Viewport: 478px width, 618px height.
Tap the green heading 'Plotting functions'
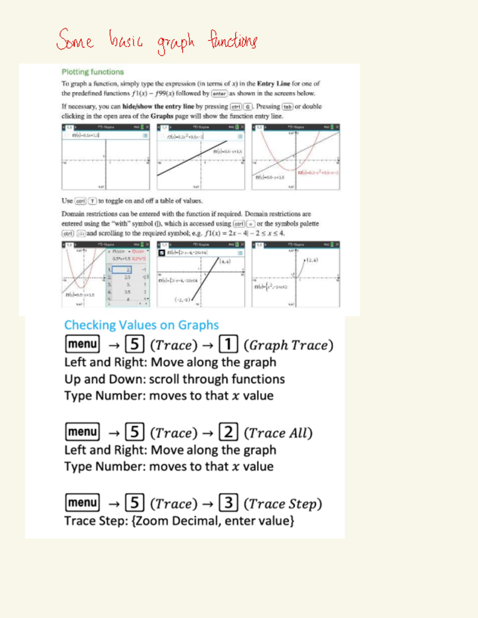pos(92,72)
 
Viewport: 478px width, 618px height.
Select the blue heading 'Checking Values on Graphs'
pos(141,325)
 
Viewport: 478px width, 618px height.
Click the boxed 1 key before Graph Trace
pos(228,344)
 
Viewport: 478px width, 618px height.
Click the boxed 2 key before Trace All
pos(228,432)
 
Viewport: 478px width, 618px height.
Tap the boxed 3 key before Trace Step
pos(228,503)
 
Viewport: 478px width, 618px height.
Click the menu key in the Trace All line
pos(82,432)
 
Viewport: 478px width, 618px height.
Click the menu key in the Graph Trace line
pos(82,344)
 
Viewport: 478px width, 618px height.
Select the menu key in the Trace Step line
pos(82,503)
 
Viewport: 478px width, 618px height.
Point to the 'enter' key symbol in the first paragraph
pos(219,94)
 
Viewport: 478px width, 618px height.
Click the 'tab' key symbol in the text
pos(287,107)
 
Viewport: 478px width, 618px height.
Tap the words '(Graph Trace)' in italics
pos(288,345)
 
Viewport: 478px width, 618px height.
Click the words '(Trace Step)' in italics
pos(283,504)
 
